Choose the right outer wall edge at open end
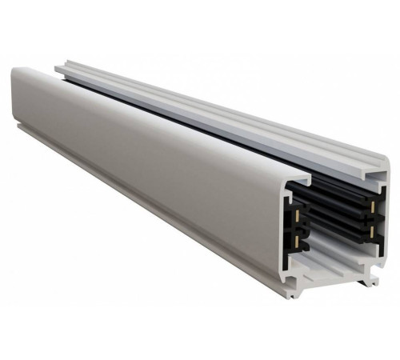click(x=388, y=216)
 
